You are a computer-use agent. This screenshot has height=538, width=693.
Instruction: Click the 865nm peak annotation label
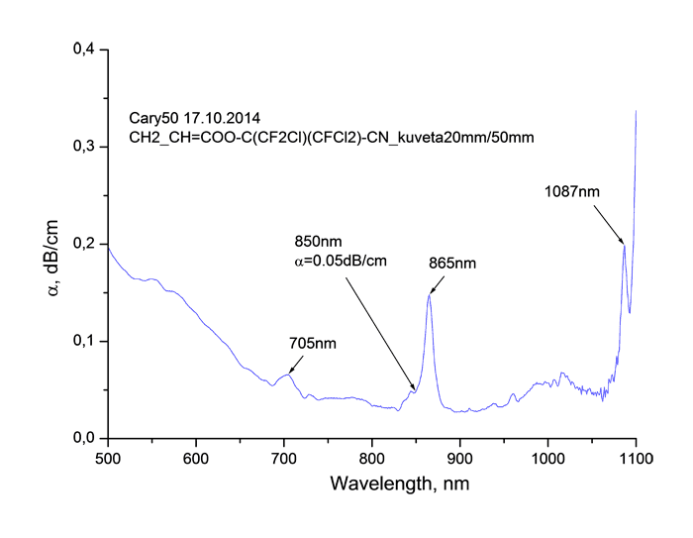point(452,265)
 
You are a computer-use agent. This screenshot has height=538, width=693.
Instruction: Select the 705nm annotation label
point(312,344)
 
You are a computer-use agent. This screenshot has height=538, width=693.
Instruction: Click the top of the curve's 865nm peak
point(430,294)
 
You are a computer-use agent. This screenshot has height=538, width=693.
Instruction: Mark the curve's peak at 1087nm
point(625,246)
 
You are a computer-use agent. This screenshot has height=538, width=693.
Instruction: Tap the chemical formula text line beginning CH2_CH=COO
point(332,139)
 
